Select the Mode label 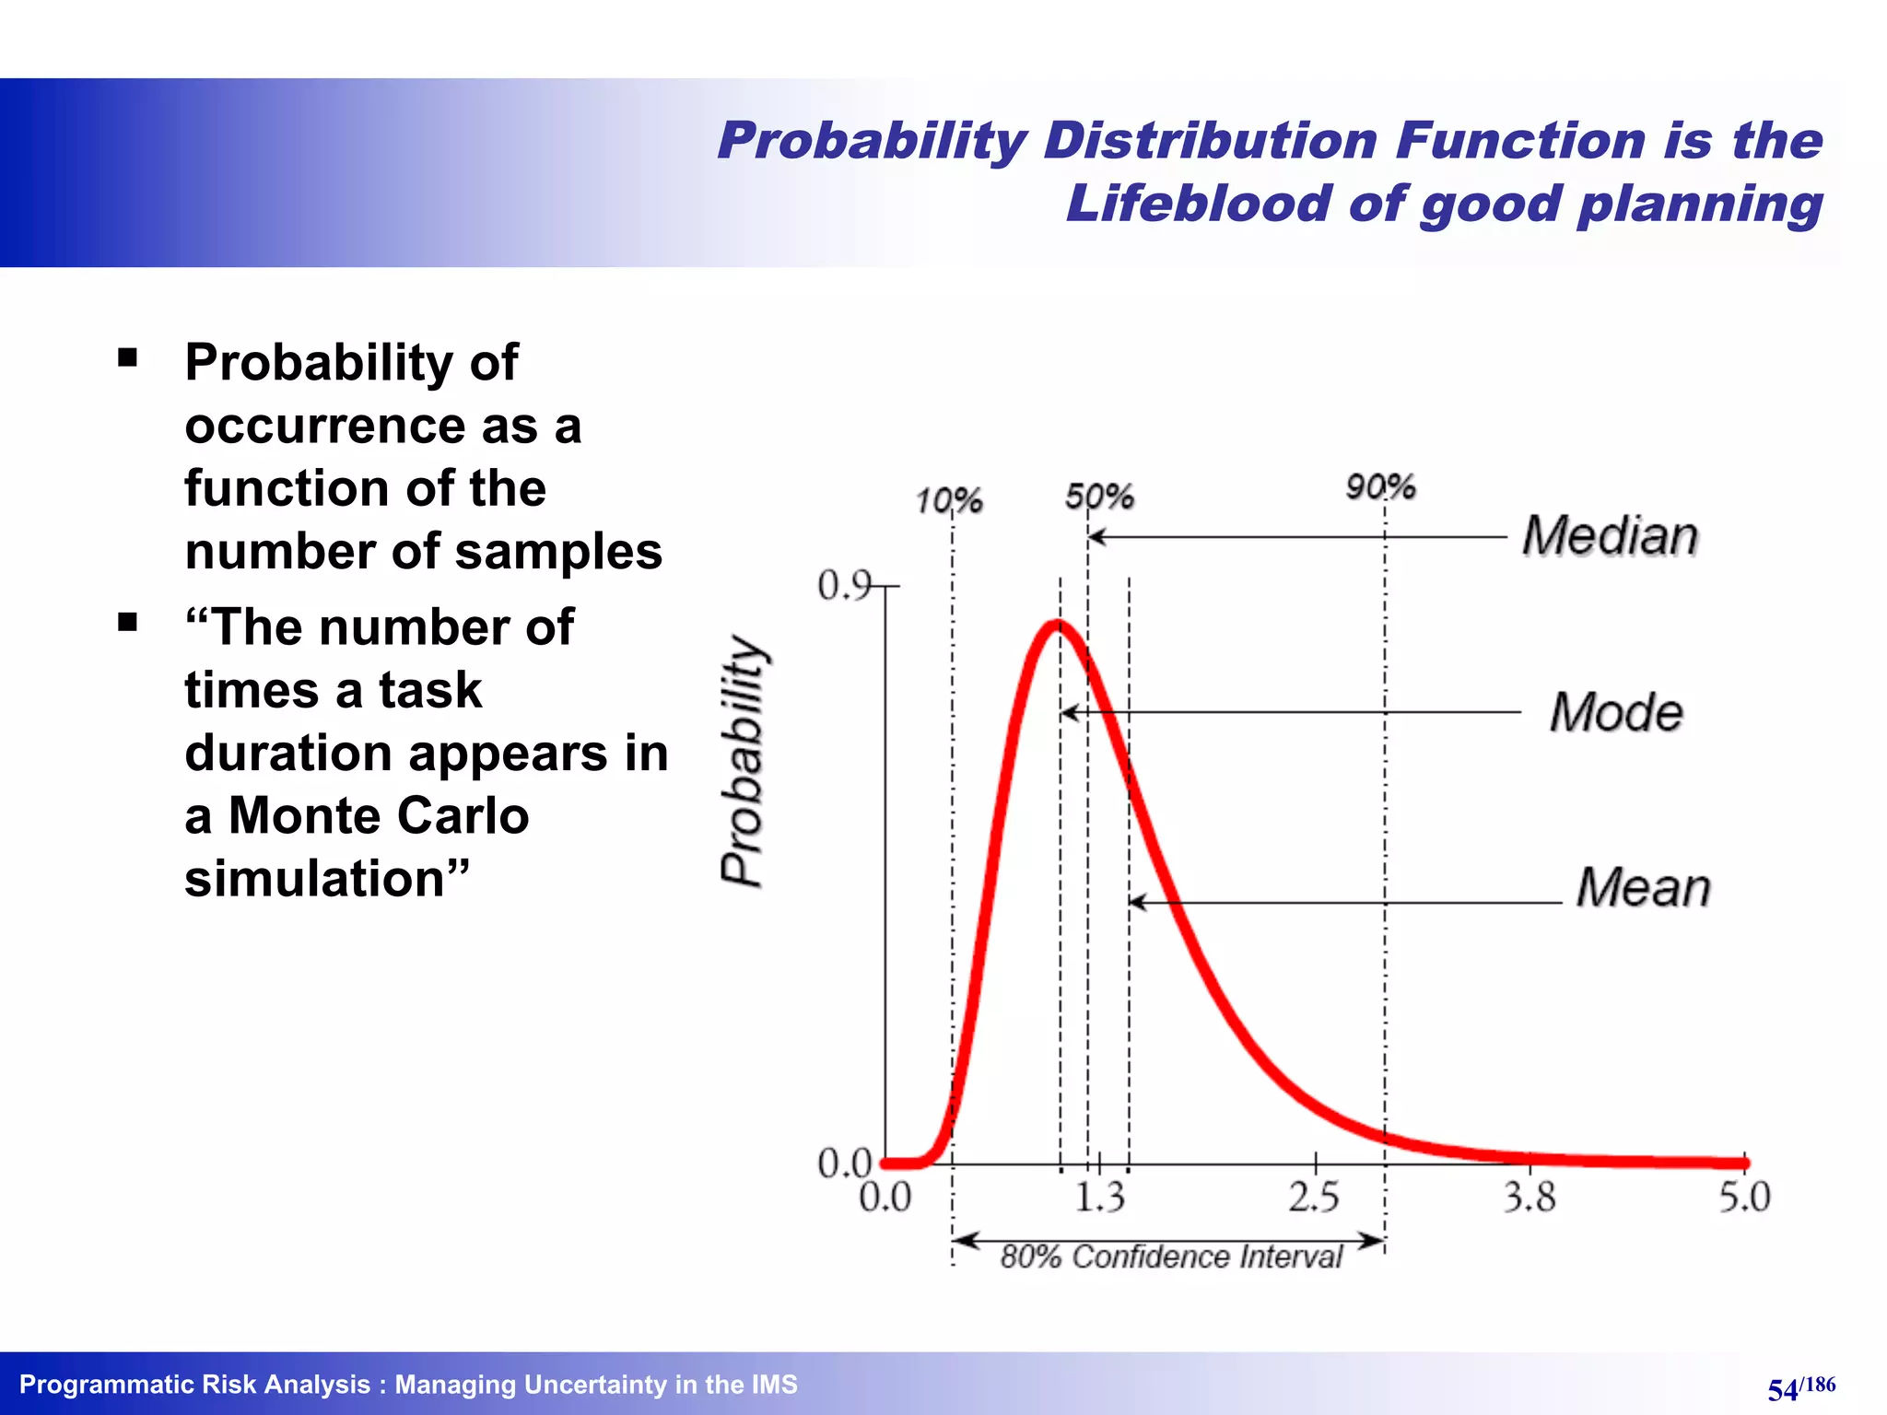coord(1616,712)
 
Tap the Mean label coord(1643,887)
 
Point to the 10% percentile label coord(948,501)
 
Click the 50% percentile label coord(1098,497)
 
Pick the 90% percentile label coord(1379,486)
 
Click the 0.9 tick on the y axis coord(844,585)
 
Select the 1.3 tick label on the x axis coord(1099,1198)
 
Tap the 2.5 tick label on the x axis coord(1314,1198)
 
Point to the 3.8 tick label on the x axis coord(1530,1198)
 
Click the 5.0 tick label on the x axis coord(1744,1198)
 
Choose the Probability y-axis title coord(743,761)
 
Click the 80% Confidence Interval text coord(1170,1257)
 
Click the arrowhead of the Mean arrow coord(1136,902)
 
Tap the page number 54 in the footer coord(1782,1389)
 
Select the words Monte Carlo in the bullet coord(378,815)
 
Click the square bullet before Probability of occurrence coord(128,357)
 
